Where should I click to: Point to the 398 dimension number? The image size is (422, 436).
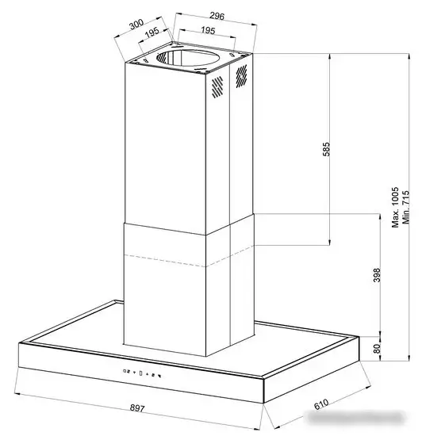click(x=378, y=276)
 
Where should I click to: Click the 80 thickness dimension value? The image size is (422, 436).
click(x=378, y=347)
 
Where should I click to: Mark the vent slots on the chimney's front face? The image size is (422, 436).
click(x=216, y=89)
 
